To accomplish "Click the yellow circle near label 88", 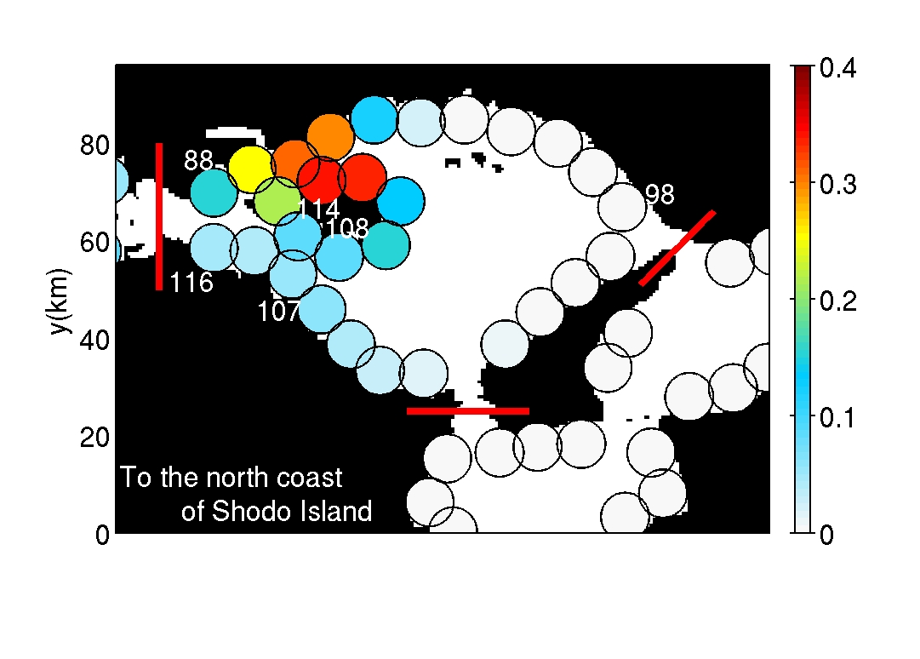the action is (x=251, y=169).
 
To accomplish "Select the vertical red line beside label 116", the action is (x=159, y=216).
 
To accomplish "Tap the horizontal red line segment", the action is (x=467, y=410).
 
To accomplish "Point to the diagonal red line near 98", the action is (x=677, y=248).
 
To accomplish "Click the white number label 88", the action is (x=198, y=160).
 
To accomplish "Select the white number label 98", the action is (x=660, y=194).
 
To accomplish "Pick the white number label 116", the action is (x=191, y=283).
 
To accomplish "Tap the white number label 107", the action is (x=278, y=312).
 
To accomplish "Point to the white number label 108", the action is (x=346, y=228).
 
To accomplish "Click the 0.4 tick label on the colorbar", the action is (x=837, y=68).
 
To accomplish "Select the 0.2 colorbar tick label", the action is (x=837, y=301).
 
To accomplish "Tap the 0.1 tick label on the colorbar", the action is (x=837, y=418).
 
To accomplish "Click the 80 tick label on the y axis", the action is (x=94, y=146).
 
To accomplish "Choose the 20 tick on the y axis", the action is (x=94, y=437).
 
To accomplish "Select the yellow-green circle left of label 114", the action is (x=278, y=201).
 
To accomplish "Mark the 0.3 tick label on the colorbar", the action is (x=837, y=185).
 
